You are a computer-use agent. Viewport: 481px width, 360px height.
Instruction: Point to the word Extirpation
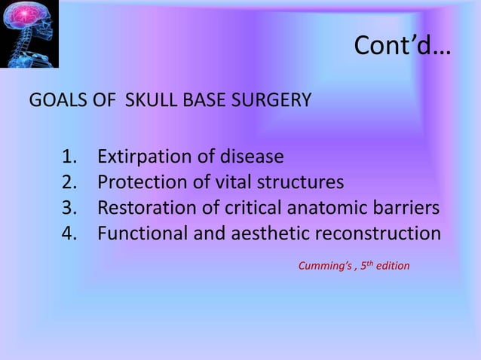click(x=142, y=157)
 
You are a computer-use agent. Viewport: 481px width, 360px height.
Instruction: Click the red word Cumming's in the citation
click(x=323, y=266)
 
